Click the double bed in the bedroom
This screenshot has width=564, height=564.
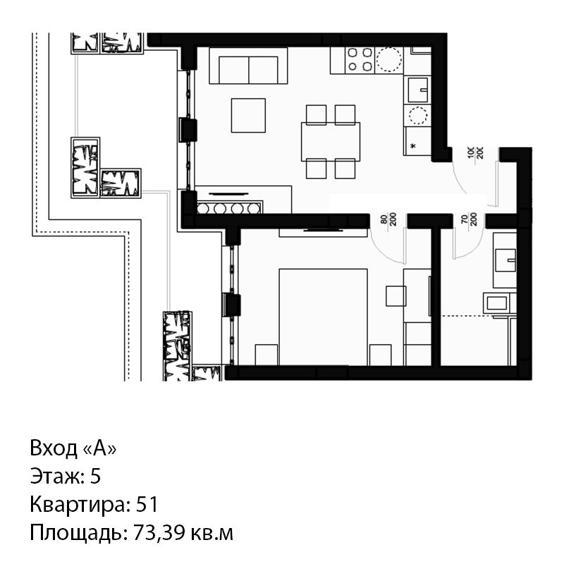323,317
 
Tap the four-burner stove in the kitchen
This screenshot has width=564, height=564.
360,60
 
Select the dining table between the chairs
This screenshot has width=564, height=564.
331,142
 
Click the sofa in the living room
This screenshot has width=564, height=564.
248,66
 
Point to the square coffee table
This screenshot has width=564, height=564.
248,116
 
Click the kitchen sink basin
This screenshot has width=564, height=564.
418,90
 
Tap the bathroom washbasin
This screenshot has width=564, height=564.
505,260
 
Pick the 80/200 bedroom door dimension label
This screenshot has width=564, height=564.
388,219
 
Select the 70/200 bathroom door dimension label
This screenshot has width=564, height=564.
469,219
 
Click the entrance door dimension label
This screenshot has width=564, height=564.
476,152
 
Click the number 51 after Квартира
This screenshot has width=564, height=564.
147,504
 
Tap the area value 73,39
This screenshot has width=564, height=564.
157,533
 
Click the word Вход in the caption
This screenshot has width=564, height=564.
54,448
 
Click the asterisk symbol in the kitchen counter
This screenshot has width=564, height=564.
413,146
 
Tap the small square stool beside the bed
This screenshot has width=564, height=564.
396,296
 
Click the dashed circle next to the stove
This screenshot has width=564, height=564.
388,60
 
